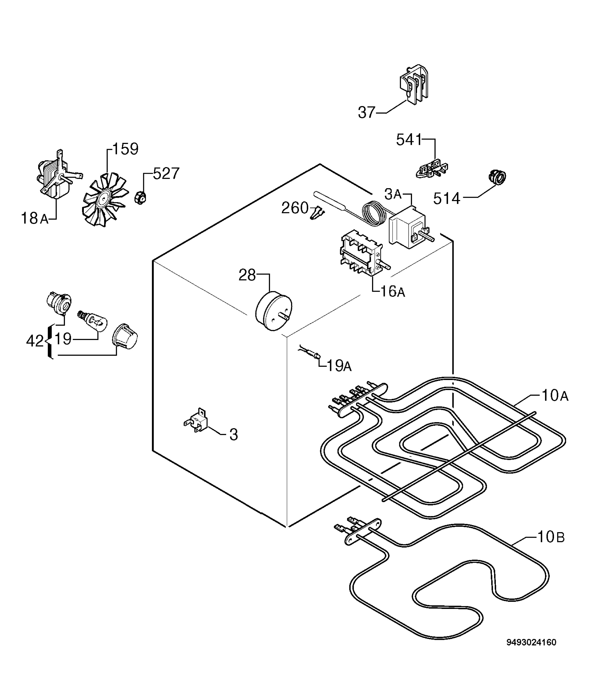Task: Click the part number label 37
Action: pyautogui.click(x=366, y=112)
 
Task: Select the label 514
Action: pyautogui.click(x=447, y=199)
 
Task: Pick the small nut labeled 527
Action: pyautogui.click(x=140, y=197)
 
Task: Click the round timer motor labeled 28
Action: pyautogui.click(x=274, y=311)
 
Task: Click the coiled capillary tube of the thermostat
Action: pyautogui.click(x=374, y=214)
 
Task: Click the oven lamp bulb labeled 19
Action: pyautogui.click(x=93, y=320)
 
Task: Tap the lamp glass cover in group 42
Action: pyautogui.click(x=125, y=336)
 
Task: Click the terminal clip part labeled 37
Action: pyautogui.click(x=414, y=84)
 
